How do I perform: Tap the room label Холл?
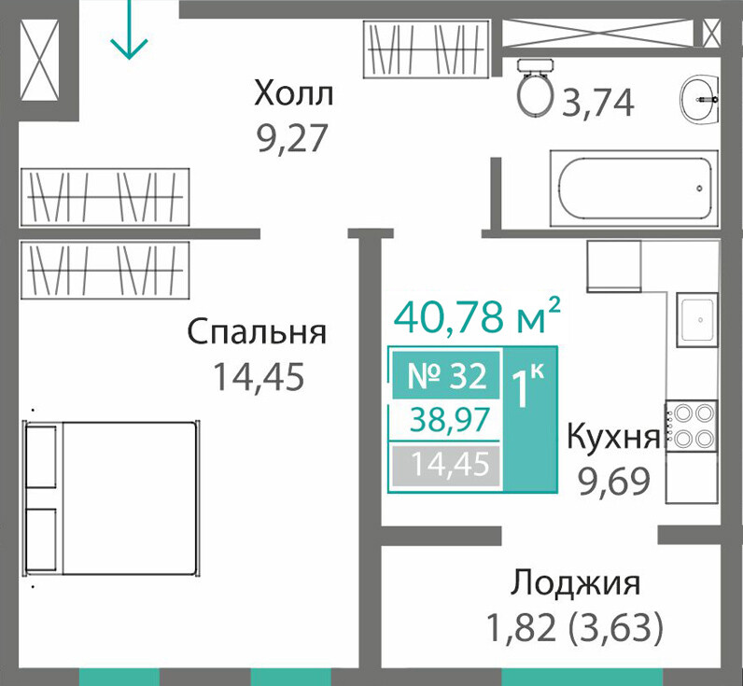click(294, 94)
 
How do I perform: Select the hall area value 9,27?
click(293, 139)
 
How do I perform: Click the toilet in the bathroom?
click(536, 88)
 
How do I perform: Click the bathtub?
click(634, 189)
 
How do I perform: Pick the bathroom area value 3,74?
click(597, 104)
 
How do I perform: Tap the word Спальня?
click(257, 332)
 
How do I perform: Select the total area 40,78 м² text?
click(477, 315)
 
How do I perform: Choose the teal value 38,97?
click(450, 420)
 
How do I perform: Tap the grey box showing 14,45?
click(446, 464)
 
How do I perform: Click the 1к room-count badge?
click(530, 418)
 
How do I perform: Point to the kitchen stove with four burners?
click(692, 426)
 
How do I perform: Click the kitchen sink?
click(697, 319)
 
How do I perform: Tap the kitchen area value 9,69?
click(613, 482)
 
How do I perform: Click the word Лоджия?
click(575, 582)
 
